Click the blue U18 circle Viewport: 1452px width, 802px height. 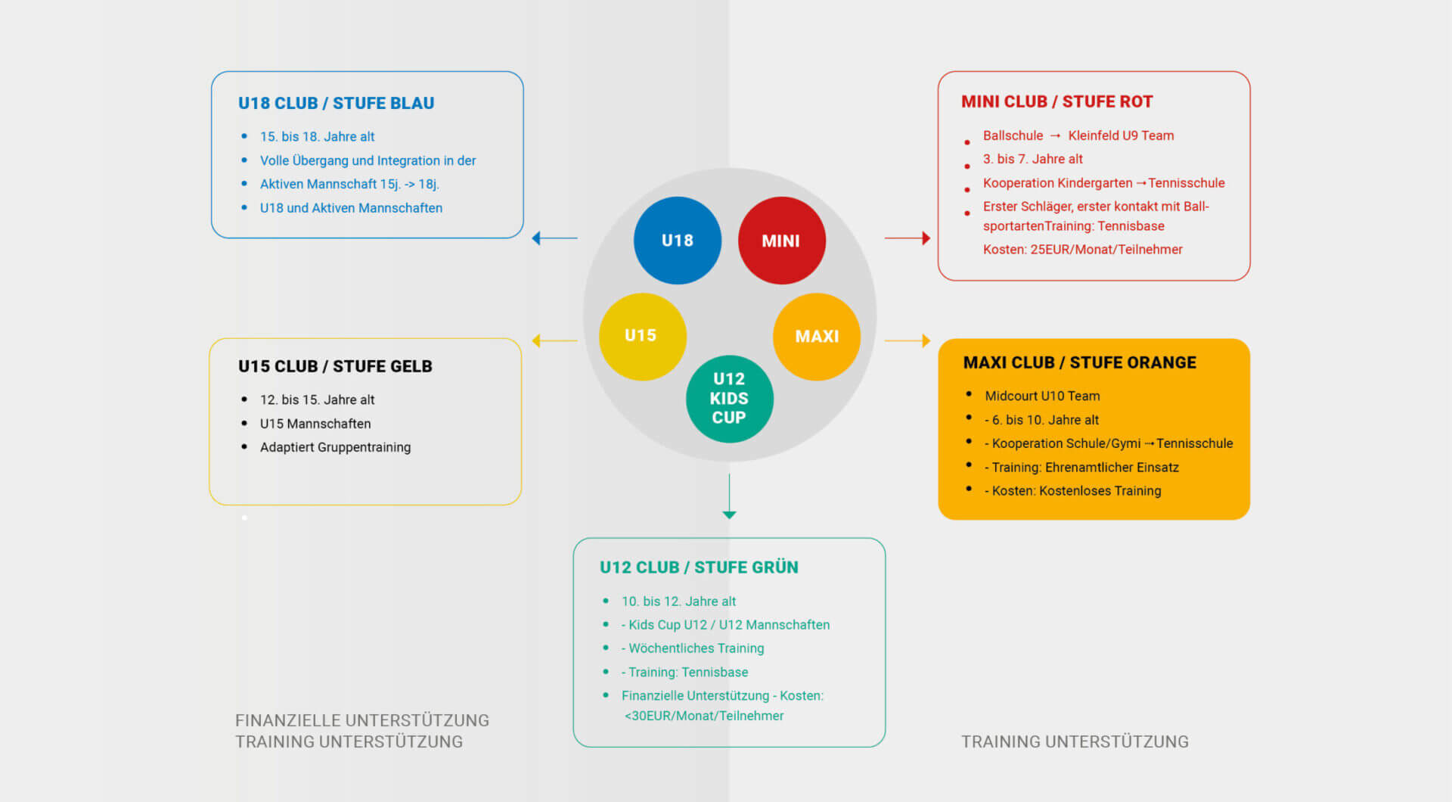[x=677, y=241]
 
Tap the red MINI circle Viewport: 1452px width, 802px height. [x=781, y=241]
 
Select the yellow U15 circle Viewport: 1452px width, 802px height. [x=642, y=336]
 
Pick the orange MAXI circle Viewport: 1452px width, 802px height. [x=817, y=336]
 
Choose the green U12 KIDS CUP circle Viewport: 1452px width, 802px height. [x=729, y=398]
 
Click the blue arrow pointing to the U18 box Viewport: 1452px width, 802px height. [x=554, y=238]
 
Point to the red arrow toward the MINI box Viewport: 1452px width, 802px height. [x=907, y=238]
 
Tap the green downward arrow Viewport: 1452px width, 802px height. [x=729, y=496]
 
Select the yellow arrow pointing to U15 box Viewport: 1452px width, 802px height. [x=554, y=340]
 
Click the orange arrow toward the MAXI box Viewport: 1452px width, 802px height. [x=907, y=340]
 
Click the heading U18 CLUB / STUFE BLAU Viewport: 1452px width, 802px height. [x=336, y=103]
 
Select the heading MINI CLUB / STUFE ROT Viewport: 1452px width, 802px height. [x=1056, y=101]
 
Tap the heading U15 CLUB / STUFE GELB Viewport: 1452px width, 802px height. [x=335, y=366]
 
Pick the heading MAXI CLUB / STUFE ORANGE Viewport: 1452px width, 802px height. [x=1079, y=362]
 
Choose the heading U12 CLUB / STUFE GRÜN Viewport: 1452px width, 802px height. [x=699, y=567]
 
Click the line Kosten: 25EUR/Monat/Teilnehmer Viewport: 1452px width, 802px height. [x=1082, y=250]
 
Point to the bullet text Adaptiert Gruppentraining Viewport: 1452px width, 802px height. [x=335, y=447]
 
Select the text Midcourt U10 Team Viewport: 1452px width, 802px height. [x=1042, y=396]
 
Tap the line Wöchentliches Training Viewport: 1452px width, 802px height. [x=696, y=648]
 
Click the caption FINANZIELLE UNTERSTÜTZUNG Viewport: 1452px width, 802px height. [x=361, y=720]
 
